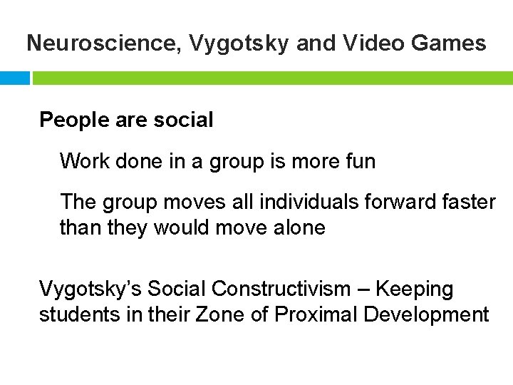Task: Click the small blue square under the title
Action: (14, 78)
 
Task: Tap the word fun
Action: (359, 161)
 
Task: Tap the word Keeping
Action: (415, 289)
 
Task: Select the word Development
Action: (427, 314)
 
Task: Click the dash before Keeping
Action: (364, 289)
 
